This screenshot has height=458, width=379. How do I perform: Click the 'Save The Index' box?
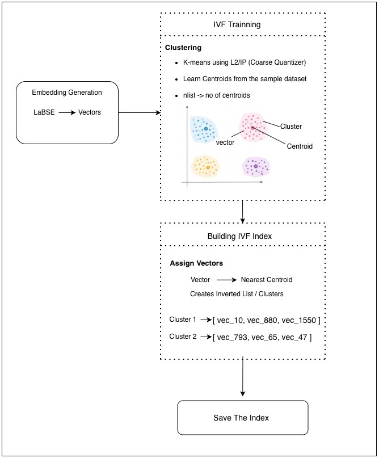point(243,418)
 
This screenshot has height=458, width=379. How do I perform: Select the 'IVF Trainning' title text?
point(237,24)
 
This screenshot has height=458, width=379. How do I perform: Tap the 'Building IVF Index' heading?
point(239,236)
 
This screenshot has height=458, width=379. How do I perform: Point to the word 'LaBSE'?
point(44,112)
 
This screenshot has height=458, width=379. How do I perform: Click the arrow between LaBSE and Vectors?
point(67,112)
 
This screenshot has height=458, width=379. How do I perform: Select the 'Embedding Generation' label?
point(67,93)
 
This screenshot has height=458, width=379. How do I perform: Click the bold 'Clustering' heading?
point(183,48)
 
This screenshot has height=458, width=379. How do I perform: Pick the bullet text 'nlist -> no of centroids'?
point(216,95)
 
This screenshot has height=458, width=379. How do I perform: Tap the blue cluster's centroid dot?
point(206,128)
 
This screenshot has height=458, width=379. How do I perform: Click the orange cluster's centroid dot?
point(208,167)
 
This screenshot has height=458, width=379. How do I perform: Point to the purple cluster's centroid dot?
point(256,166)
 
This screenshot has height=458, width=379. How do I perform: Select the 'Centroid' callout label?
point(300,146)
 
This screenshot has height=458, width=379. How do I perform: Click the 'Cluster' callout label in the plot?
point(291,127)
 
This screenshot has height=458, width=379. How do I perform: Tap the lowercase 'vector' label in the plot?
point(225,142)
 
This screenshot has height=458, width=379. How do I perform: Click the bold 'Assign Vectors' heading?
point(196,263)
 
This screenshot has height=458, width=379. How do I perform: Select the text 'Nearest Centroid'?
point(267,280)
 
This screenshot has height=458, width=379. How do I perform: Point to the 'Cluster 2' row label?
point(183,337)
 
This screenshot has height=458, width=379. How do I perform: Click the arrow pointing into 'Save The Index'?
point(242,376)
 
